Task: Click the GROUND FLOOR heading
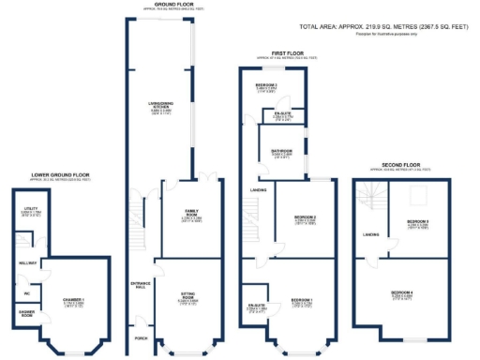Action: click(x=170, y=5)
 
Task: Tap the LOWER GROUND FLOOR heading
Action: click(x=60, y=174)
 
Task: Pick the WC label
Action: click(x=27, y=293)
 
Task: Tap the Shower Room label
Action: click(x=28, y=314)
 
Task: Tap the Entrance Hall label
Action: click(x=142, y=284)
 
